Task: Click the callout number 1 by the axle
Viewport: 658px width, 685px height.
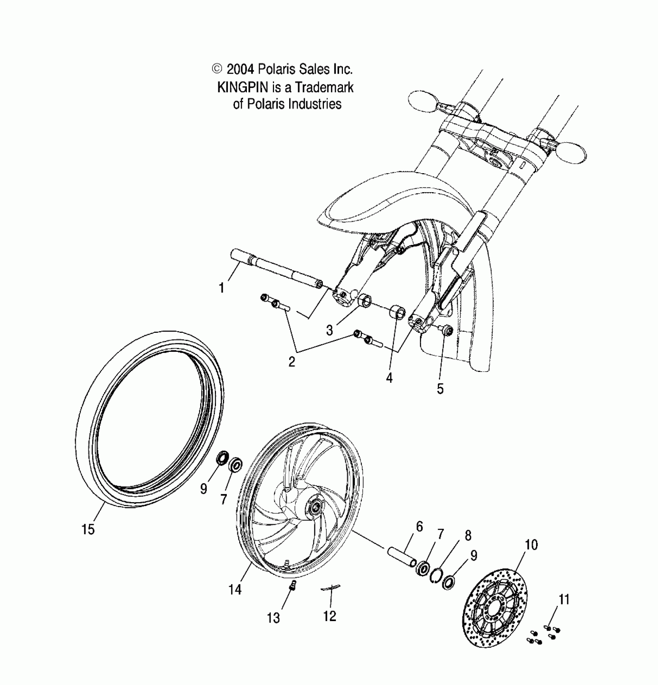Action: tap(221, 288)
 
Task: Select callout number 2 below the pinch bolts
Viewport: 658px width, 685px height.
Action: tap(292, 361)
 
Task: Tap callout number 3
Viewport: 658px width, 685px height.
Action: tap(329, 330)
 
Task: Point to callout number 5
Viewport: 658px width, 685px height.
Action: tap(440, 389)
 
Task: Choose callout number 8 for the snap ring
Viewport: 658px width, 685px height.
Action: tap(468, 536)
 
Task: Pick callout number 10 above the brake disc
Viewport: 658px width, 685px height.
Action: tap(531, 545)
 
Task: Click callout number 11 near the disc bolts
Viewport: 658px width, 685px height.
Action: tap(564, 600)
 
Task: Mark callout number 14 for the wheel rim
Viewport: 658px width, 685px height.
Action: tap(235, 589)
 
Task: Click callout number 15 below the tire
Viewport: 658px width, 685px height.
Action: tap(88, 529)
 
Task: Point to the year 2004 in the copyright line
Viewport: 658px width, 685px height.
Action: tap(240, 70)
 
